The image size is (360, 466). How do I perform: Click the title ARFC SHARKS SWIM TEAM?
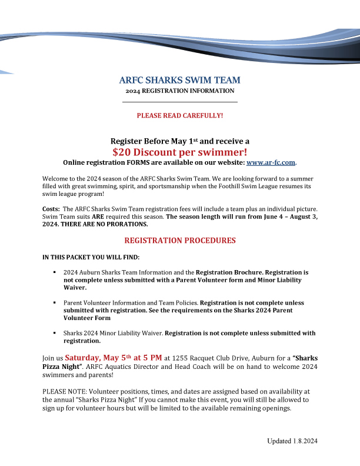(x=179, y=80)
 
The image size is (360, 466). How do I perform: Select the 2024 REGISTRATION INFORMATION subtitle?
(x=179, y=91)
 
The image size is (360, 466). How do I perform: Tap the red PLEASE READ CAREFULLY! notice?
(x=180, y=115)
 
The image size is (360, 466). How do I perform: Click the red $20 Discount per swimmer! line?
(x=179, y=152)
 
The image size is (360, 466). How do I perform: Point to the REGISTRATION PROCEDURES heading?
(x=180, y=241)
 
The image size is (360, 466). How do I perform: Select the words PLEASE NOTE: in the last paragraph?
(x=62, y=391)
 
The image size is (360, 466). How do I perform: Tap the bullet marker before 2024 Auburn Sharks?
(x=54, y=273)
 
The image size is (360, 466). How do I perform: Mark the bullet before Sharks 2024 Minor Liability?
(x=54, y=333)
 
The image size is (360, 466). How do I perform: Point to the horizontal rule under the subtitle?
(x=179, y=102)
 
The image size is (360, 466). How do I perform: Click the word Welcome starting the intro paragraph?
(x=55, y=178)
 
